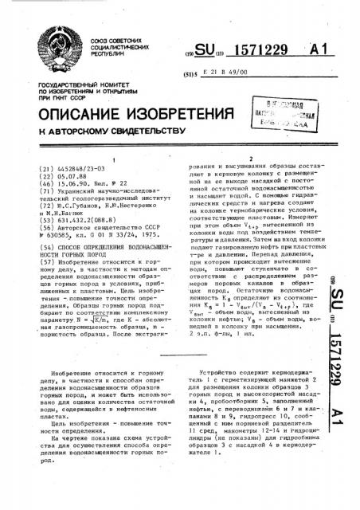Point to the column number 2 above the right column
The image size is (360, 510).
click(251, 159)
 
